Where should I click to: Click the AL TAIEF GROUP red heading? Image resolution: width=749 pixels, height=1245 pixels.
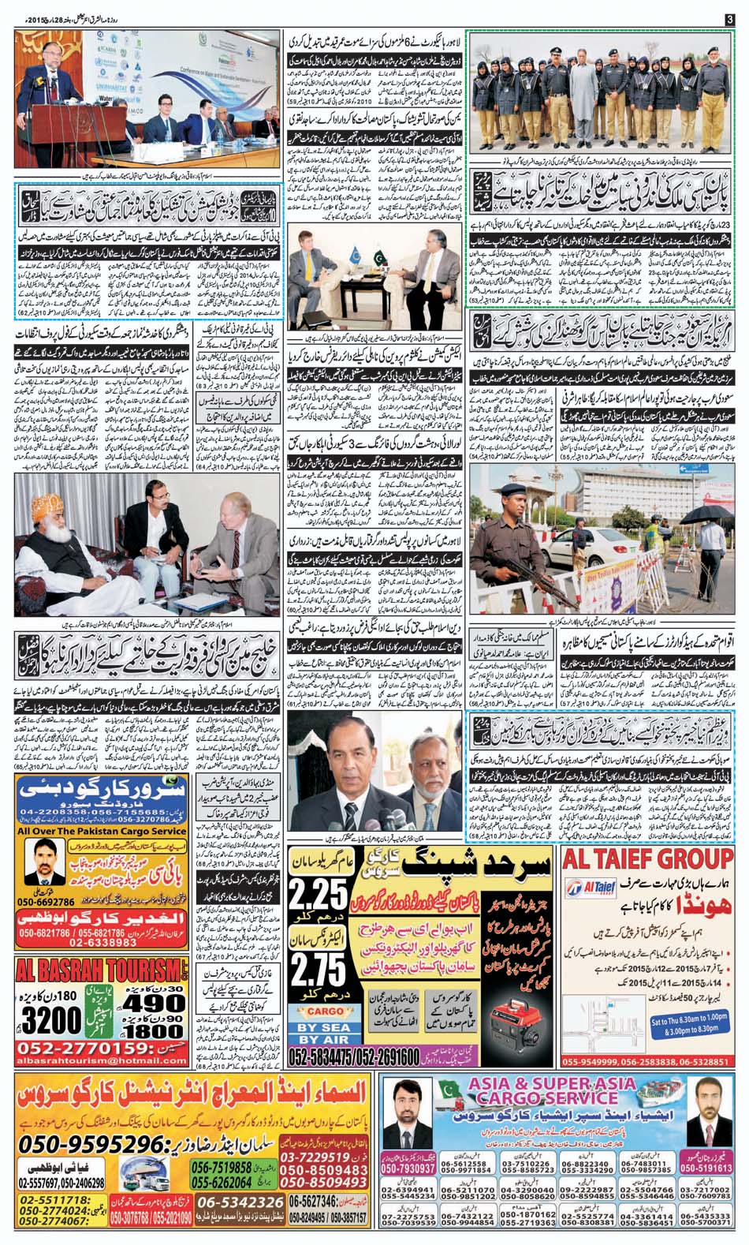[648, 859]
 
